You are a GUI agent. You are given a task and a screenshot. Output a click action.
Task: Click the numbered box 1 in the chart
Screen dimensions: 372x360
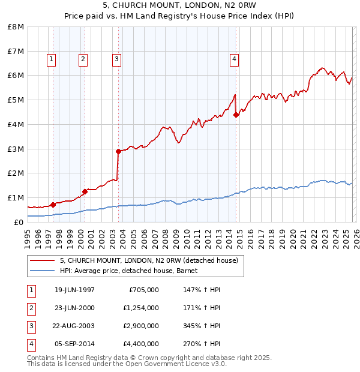click(x=52, y=59)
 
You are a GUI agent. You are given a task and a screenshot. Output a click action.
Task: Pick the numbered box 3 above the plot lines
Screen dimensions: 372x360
click(x=116, y=59)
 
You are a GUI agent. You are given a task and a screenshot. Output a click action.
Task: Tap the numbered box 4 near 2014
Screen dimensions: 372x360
click(x=234, y=59)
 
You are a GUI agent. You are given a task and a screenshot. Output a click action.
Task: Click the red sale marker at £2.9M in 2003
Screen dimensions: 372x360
click(x=119, y=151)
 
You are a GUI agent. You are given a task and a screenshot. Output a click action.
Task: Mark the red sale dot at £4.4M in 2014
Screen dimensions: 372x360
click(x=236, y=115)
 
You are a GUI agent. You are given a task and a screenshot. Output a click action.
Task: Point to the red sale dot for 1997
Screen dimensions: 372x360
click(x=53, y=205)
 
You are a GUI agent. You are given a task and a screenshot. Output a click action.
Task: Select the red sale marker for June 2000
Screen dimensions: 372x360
click(x=85, y=191)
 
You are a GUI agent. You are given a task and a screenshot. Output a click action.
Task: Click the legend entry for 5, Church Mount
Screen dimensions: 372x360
click(x=149, y=260)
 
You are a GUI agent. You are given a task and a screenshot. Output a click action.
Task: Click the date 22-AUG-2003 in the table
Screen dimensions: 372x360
click(x=74, y=326)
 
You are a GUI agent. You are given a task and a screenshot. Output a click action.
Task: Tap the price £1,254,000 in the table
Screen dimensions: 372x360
click(x=141, y=308)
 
